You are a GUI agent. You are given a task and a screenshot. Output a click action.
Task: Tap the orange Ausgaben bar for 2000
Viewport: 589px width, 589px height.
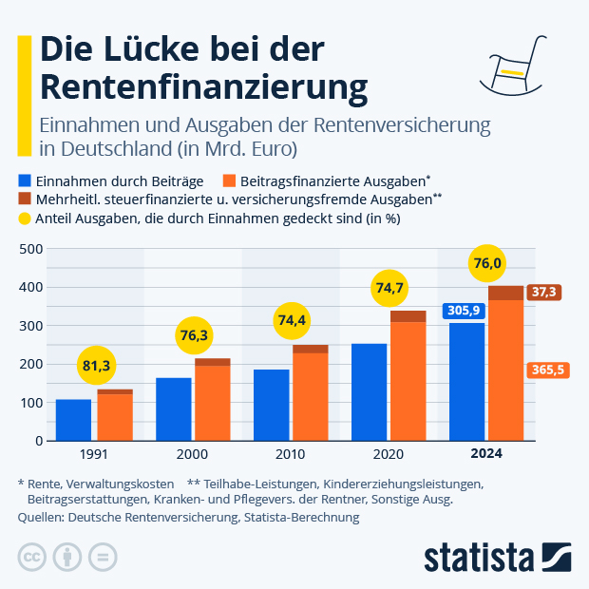click(x=213, y=403)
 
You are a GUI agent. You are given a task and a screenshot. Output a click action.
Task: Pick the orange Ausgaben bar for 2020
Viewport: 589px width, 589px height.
click(x=408, y=381)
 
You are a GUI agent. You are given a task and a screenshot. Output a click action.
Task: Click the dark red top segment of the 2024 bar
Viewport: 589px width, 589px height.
click(x=505, y=293)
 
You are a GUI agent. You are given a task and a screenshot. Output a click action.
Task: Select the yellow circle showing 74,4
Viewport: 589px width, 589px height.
click(x=292, y=319)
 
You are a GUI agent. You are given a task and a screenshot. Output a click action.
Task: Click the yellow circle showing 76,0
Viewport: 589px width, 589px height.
click(x=486, y=263)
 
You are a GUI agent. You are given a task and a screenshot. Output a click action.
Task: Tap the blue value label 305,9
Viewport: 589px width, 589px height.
click(x=463, y=311)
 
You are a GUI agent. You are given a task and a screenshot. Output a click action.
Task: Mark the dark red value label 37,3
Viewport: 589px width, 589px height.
click(x=545, y=293)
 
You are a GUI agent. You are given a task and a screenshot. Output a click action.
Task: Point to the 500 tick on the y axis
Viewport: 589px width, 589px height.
click(x=31, y=249)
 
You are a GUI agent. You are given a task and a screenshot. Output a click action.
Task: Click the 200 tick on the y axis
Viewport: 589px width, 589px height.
click(x=31, y=364)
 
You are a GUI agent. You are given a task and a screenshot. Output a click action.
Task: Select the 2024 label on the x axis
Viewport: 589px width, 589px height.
click(x=485, y=454)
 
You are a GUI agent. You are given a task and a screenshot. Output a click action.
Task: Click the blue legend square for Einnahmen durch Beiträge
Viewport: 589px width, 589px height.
click(x=25, y=180)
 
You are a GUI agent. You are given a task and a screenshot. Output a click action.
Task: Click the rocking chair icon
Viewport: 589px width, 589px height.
click(x=514, y=66)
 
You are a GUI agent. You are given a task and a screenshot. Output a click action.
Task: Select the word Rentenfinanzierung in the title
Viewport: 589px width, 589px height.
click(x=204, y=86)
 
